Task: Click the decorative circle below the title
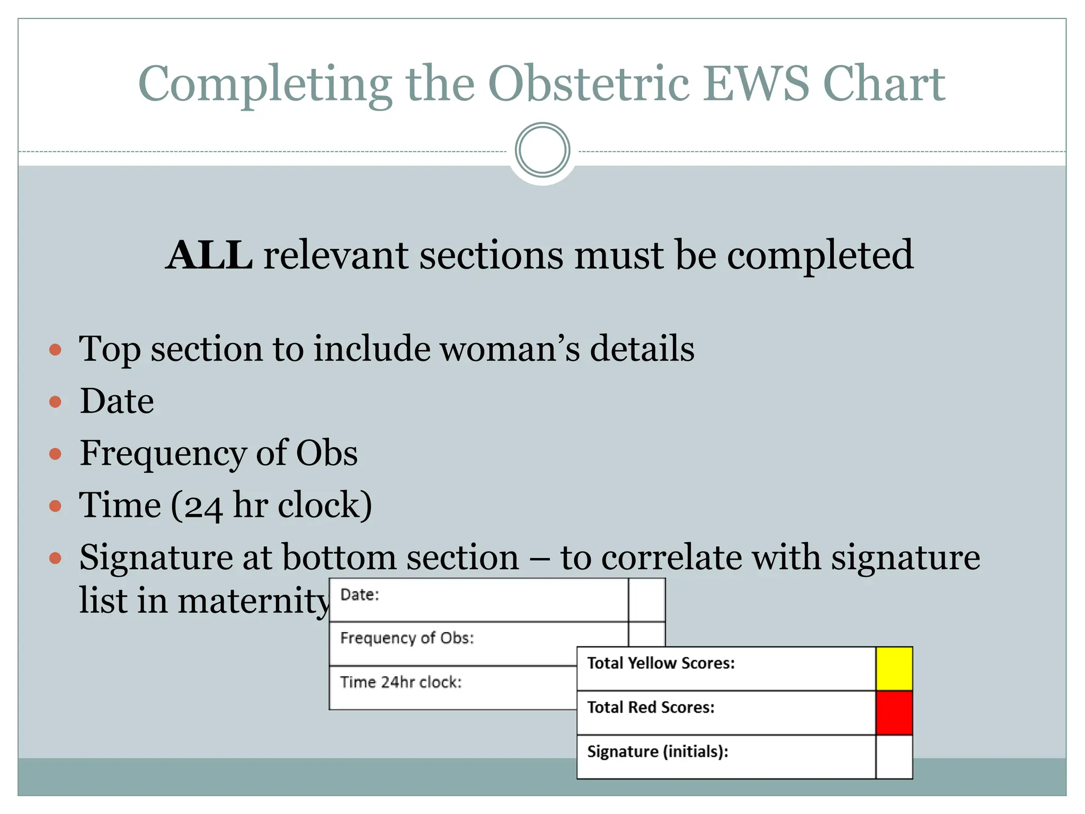pyautogui.click(x=542, y=150)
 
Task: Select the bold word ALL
pyautogui.click(x=209, y=255)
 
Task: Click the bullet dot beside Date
pyautogui.click(x=55, y=402)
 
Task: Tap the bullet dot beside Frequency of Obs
pyautogui.click(x=55, y=454)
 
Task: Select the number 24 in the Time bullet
pyautogui.click(x=203, y=507)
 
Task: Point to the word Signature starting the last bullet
pyautogui.click(x=156, y=558)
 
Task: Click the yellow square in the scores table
pyautogui.click(x=894, y=668)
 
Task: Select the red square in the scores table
pyautogui.click(x=894, y=713)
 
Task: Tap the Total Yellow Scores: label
pyautogui.click(x=661, y=663)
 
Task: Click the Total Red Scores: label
pyautogui.click(x=651, y=707)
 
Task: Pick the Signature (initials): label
pyautogui.click(x=657, y=751)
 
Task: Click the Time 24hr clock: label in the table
pyautogui.click(x=401, y=682)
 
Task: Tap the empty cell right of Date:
pyautogui.click(x=646, y=600)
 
